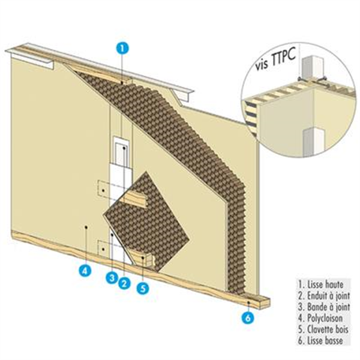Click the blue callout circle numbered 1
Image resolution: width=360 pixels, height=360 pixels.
coord(121,46)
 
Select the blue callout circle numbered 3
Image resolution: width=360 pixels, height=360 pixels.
coord(111,277)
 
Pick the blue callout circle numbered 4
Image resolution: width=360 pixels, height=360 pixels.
coord(85,270)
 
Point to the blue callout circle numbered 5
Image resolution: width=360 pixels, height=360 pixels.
coord(142,287)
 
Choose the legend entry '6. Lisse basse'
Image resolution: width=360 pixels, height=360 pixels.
coord(319,327)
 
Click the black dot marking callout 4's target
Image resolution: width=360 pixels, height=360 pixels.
coord(86,227)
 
